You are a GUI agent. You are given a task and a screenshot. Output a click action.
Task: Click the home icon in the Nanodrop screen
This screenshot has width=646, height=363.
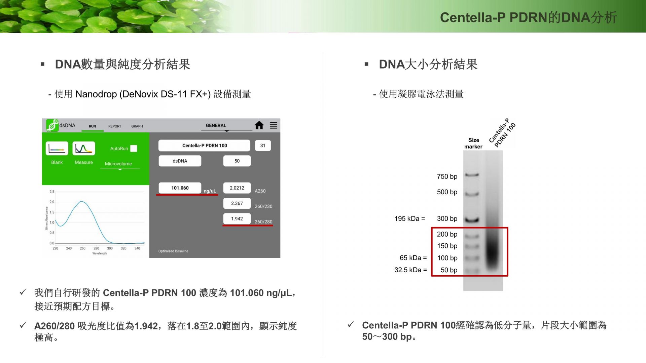coord(259,125)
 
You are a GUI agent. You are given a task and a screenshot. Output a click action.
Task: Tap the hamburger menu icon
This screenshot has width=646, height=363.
coord(274,125)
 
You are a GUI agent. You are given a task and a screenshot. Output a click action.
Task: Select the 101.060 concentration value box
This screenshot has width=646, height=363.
coord(180,188)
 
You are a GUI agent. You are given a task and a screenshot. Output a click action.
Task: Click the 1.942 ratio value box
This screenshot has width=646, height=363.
coord(237,219)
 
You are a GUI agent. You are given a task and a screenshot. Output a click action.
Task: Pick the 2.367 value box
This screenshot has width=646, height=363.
coord(237,203)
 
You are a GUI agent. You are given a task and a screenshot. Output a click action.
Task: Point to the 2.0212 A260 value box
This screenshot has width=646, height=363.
coord(237,188)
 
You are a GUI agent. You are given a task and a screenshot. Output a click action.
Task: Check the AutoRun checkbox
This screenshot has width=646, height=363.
coord(134,149)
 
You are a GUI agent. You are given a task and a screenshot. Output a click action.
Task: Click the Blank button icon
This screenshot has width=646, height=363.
coord(57,149)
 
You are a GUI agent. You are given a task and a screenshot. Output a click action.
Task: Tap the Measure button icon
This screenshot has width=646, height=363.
coord(84,149)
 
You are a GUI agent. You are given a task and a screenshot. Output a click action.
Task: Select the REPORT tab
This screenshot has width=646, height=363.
coord(115,126)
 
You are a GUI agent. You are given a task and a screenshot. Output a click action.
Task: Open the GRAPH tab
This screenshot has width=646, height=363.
coord(137,126)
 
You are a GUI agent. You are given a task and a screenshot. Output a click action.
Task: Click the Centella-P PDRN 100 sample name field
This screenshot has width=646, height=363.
coord(204,146)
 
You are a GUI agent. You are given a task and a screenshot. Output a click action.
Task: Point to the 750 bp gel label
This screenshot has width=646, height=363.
coord(447,176)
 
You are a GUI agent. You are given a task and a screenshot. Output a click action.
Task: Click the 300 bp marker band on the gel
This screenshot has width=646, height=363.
coord(472,220)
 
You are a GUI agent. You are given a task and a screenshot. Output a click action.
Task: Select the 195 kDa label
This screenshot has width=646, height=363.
coord(409,219)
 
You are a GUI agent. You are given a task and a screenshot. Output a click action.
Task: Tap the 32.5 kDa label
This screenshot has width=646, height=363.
coord(410,270)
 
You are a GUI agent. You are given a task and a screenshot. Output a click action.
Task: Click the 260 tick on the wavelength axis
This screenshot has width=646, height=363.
coord(83,248)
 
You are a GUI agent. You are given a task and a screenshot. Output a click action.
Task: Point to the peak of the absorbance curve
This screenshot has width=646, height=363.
coord(81,201)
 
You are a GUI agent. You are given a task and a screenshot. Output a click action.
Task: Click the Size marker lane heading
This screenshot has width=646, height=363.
coord(473,143)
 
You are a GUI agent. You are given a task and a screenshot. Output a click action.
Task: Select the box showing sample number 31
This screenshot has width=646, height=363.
coord(263,146)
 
